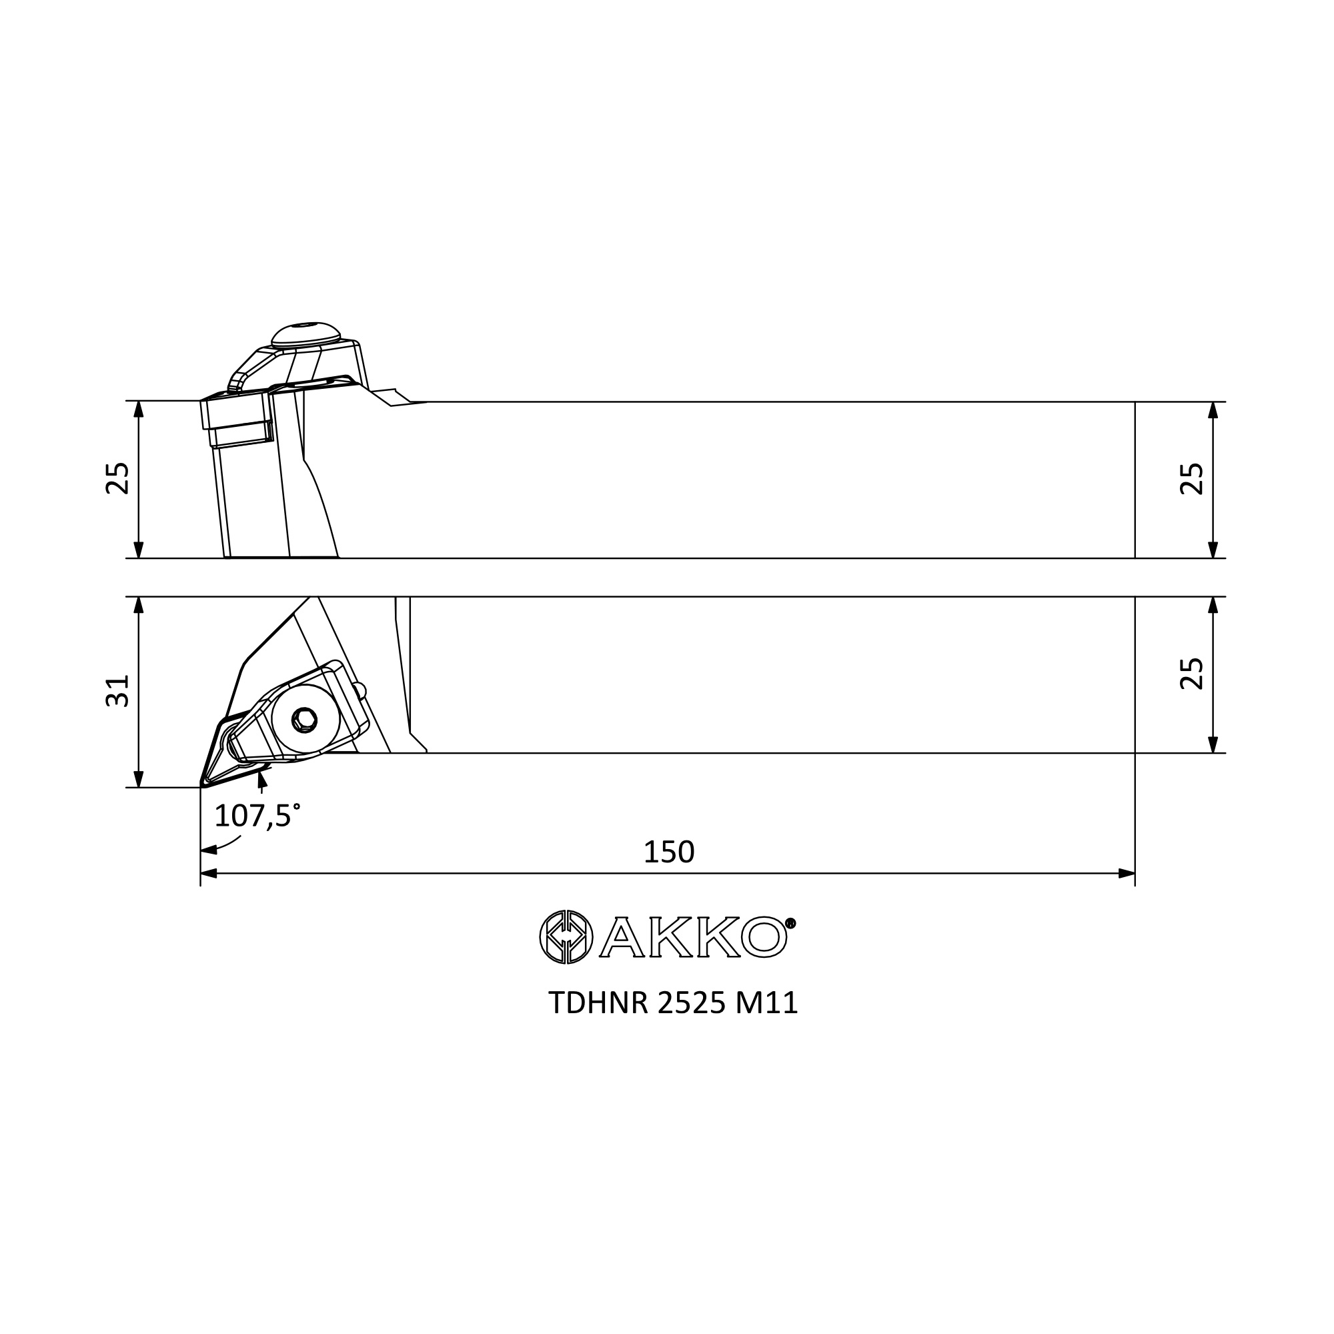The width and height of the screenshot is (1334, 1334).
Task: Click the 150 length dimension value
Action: pyautogui.click(x=668, y=852)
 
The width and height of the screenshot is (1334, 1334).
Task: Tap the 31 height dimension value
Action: pyautogui.click(x=118, y=691)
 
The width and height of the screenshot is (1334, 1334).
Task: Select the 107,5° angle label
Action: pyautogui.click(x=257, y=816)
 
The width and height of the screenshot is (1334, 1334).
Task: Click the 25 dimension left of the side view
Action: pyautogui.click(x=118, y=478)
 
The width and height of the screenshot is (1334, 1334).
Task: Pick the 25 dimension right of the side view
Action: pyautogui.click(x=1192, y=478)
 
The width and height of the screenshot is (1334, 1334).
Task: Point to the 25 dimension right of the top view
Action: pyautogui.click(x=1192, y=673)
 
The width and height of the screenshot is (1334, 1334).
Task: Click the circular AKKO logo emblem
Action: pyautogui.click(x=566, y=937)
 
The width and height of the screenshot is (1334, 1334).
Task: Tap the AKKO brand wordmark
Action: pyautogui.click(x=692, y=937)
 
